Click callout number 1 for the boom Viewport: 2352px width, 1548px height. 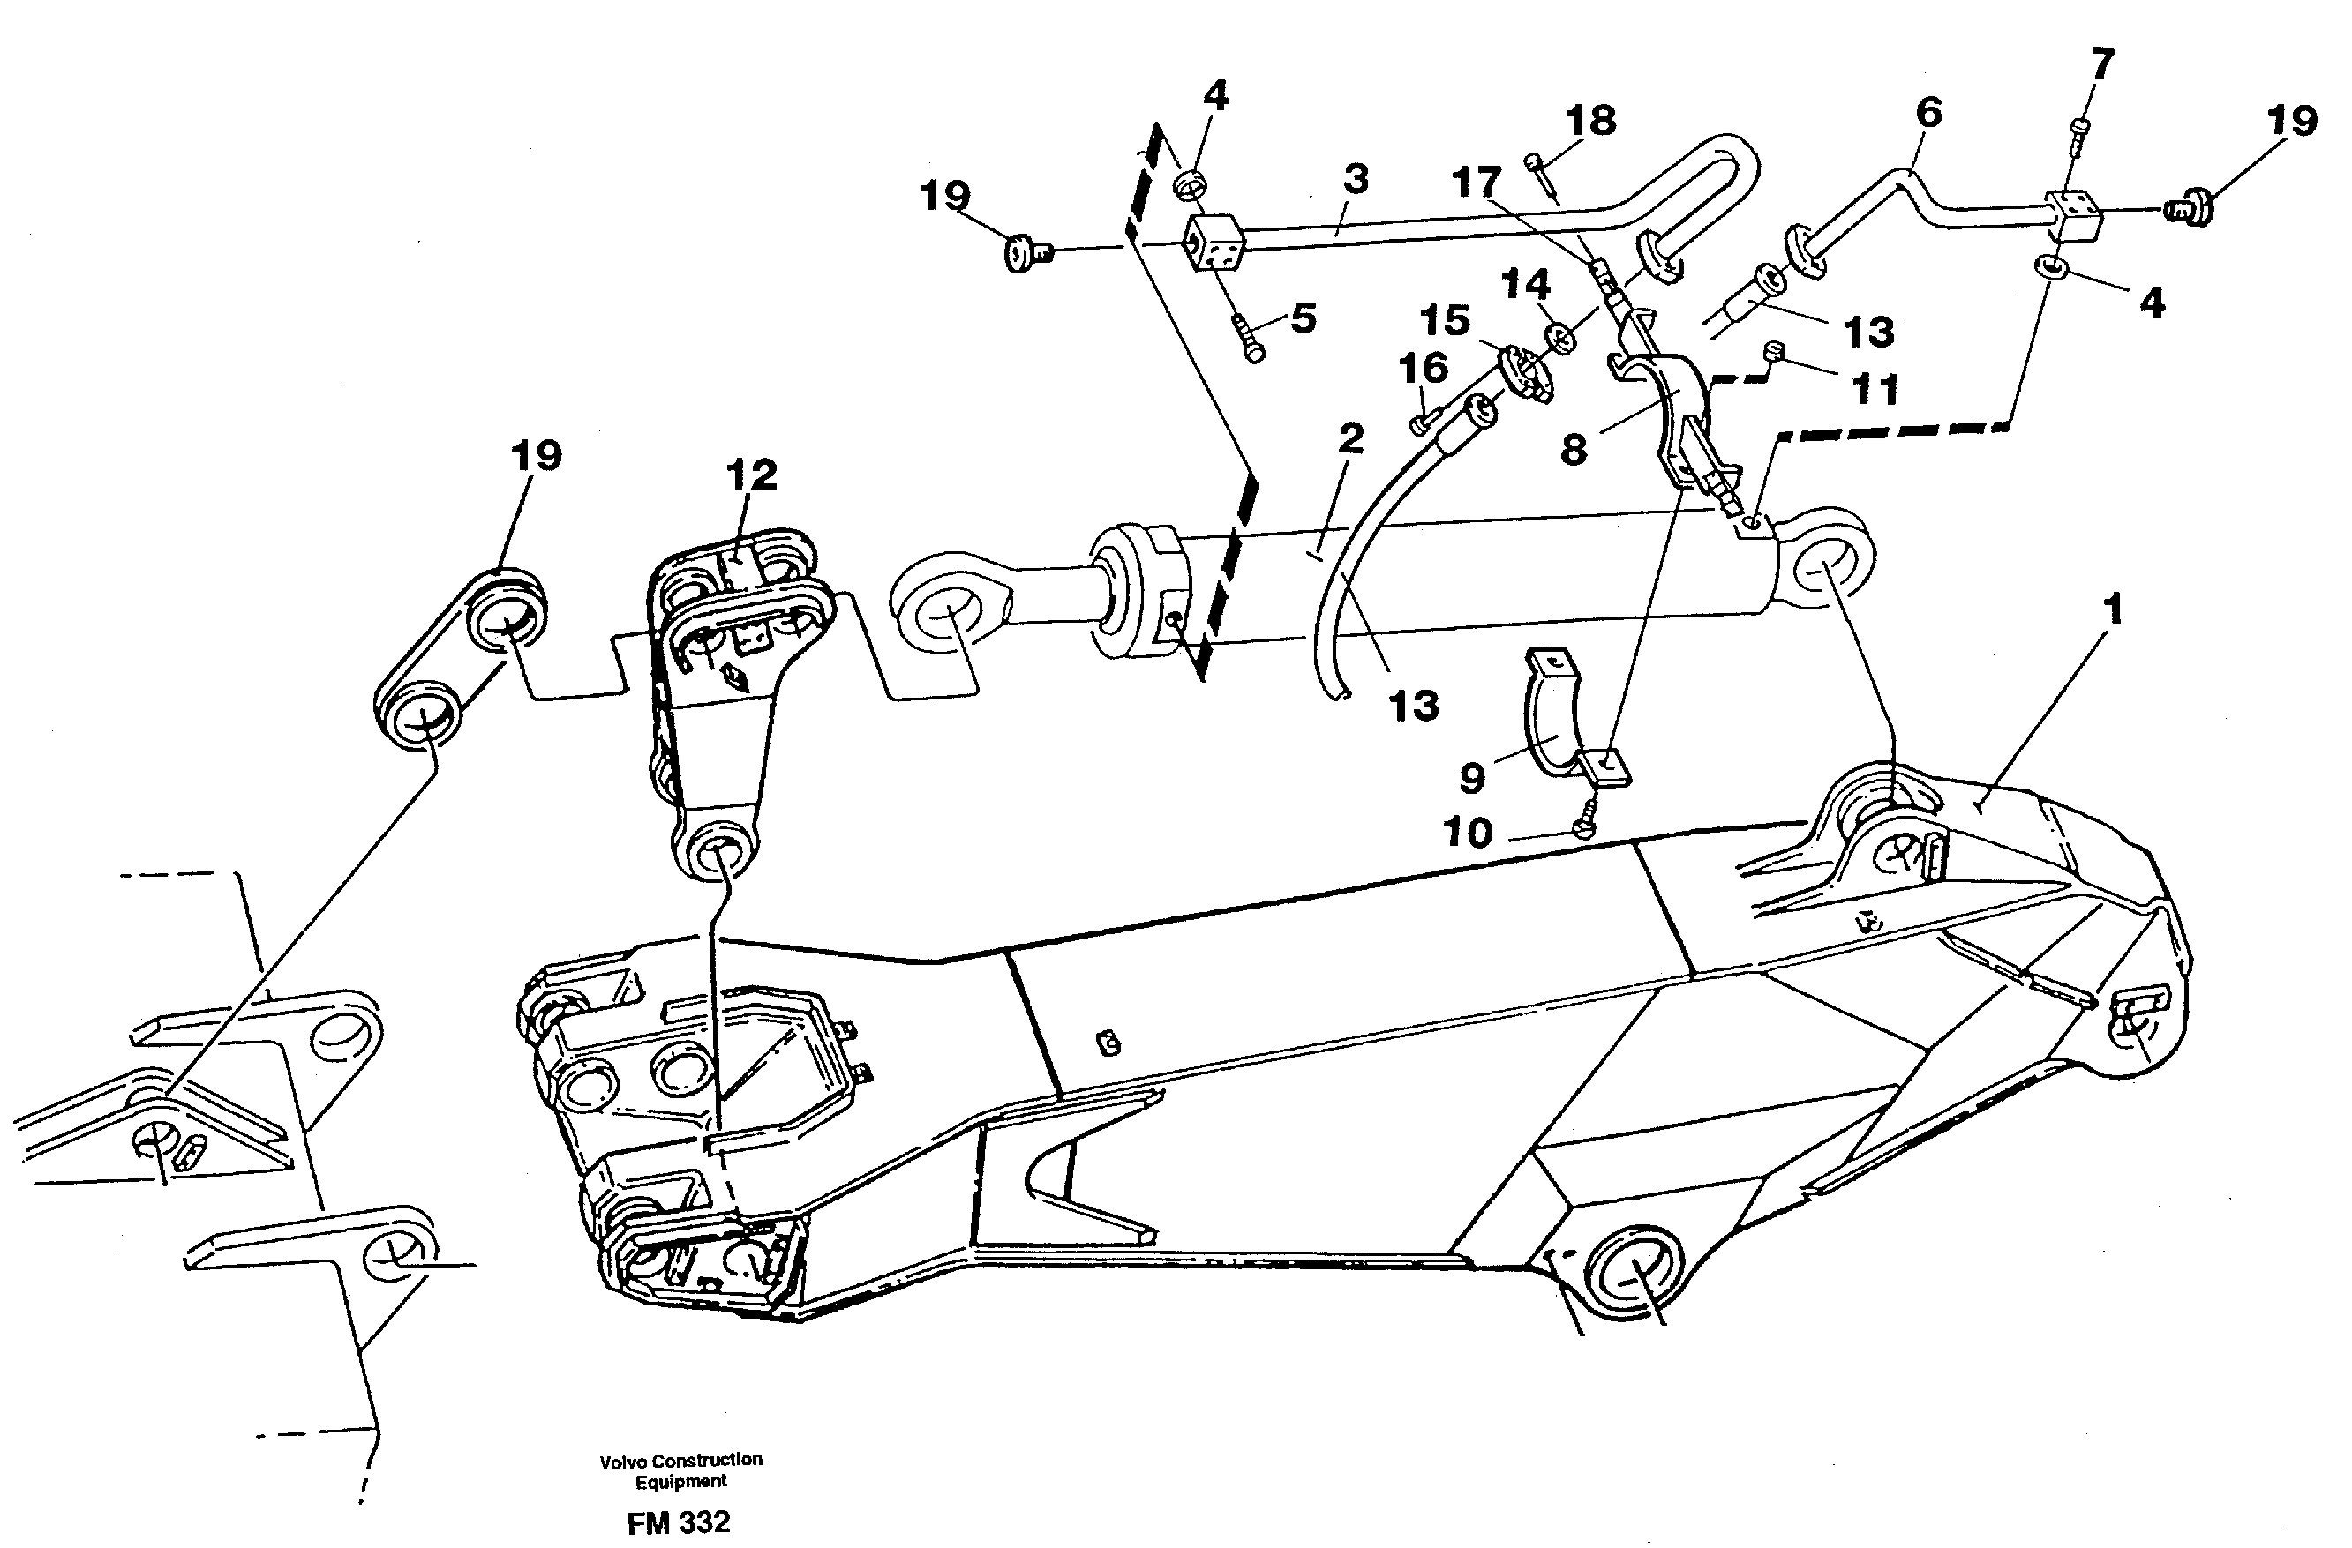click(x=2112, y=609)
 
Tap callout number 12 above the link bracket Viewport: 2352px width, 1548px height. click(x=751, y=475)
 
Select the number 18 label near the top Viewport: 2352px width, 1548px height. click(x=1590, y=121)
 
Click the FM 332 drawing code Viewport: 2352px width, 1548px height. click(x=678, y=1522)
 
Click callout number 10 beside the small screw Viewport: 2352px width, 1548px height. click(x=1468, y=833)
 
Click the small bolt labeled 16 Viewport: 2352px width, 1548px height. click(x=1419, y=423)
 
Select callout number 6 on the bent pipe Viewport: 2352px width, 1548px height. click(x=1927, y=113)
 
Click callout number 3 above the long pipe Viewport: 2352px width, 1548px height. click(x=1356, y=180)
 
